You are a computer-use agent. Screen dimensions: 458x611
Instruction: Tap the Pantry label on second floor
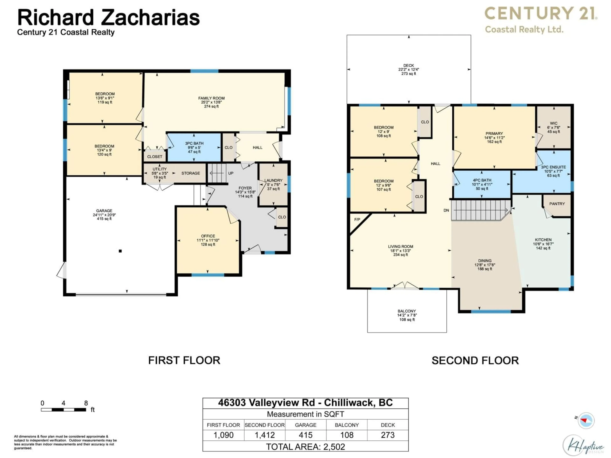tap(557, 204)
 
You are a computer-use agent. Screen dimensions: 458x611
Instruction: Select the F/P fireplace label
tap(357, 219)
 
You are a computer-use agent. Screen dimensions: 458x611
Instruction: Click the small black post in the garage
tap(120, 251)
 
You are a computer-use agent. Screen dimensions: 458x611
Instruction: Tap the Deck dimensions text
tap(409, 69)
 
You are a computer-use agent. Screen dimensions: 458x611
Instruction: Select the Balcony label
tap(407, 311)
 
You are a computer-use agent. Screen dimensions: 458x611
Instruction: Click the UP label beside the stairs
tap(231, 173)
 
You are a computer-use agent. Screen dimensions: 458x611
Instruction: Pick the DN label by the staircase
tap(446, 210)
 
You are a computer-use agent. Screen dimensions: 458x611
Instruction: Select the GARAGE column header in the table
tap(305, 425)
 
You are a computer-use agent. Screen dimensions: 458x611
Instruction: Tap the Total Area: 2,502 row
tap(305, 447)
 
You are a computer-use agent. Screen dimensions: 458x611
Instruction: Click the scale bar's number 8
tap(86, 403)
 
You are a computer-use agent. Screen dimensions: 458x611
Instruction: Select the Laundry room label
tap(274, 180)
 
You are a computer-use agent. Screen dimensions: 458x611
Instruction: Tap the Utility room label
tap(160, 169)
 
